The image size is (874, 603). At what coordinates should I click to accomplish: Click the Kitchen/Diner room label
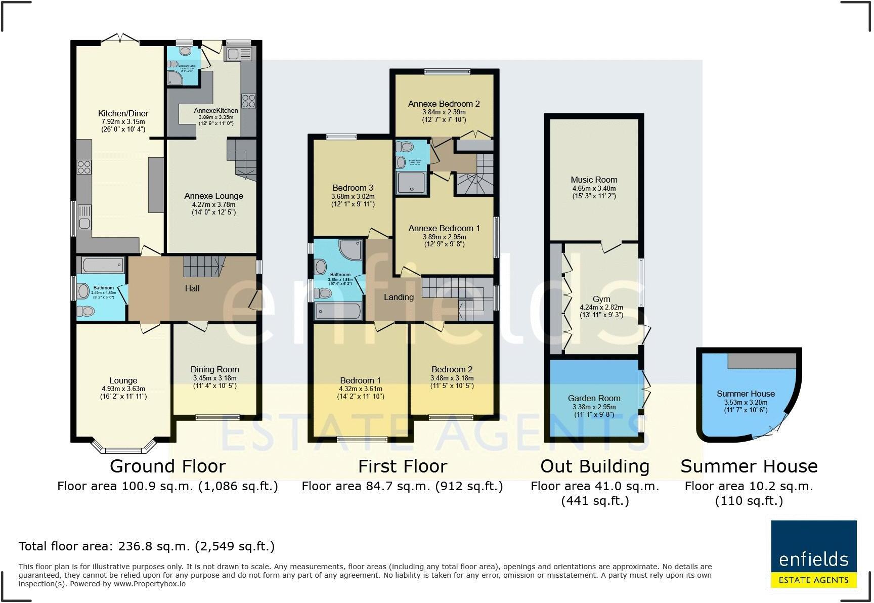click(123, 113)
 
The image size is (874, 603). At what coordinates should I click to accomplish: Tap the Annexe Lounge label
click(213, 196)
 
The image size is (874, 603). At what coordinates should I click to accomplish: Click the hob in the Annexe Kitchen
click(248, 100)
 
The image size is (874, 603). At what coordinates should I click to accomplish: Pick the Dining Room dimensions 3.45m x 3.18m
click(214, 378)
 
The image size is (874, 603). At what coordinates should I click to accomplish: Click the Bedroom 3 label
click(353, 188)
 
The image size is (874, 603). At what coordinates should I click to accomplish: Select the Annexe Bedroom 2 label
click(444, 104)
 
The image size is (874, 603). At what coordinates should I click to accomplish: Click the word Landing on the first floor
click(399, 297)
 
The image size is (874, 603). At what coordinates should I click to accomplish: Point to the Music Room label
click(594, 180)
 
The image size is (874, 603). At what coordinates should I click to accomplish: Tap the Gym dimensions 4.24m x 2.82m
click(601, 307)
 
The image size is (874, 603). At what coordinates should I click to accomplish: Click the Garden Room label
click(594, 398)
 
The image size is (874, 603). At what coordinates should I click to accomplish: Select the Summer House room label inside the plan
click(746, 394)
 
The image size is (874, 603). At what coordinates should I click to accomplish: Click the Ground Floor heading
click(167, 466)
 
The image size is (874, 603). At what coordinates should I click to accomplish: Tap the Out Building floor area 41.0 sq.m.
click(595, 486)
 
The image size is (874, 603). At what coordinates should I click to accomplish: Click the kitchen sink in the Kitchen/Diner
click(84, 218)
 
